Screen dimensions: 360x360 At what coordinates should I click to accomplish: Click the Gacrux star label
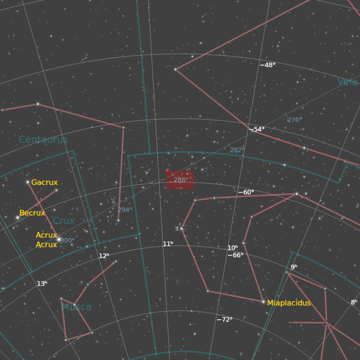coord(45,182)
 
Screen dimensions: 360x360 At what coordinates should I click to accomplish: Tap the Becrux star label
coord(32,213)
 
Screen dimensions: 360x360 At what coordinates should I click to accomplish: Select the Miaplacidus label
coord(289,303)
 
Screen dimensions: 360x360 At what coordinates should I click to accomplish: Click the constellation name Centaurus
coord(43,139)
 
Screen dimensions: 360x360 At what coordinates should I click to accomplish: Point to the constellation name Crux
coord(64,221)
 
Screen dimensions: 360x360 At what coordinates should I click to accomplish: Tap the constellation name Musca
coord(77,307)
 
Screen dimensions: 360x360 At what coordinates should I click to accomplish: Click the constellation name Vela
coord(347,82)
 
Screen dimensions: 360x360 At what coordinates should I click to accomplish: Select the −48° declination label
coord(268,65)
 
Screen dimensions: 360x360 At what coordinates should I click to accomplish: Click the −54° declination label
coord(257,129)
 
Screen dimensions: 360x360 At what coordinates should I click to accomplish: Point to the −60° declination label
coord(246,192)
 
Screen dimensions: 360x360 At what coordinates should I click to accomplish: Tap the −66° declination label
coord(235,255)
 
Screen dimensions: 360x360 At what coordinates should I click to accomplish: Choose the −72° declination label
coord(225,319)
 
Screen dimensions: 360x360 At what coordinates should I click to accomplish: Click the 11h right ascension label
coord(168,244)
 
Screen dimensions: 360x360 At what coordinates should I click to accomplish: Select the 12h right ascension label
coord(104,256)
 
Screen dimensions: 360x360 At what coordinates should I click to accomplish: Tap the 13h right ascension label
coord(42,284)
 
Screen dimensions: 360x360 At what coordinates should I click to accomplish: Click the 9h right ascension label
coord(293,267)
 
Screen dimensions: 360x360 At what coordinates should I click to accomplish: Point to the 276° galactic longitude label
coord(294,120)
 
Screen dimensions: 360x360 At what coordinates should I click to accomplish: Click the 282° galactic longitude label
coord(237,150)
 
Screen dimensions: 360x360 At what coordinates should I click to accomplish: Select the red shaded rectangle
coord(180,180)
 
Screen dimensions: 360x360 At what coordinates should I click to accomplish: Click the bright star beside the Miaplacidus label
coord(263,302)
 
